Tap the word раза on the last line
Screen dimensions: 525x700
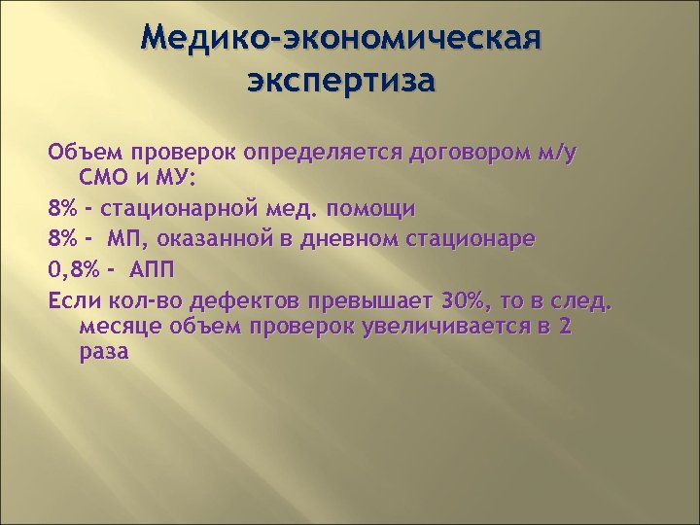tap(103, 353)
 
